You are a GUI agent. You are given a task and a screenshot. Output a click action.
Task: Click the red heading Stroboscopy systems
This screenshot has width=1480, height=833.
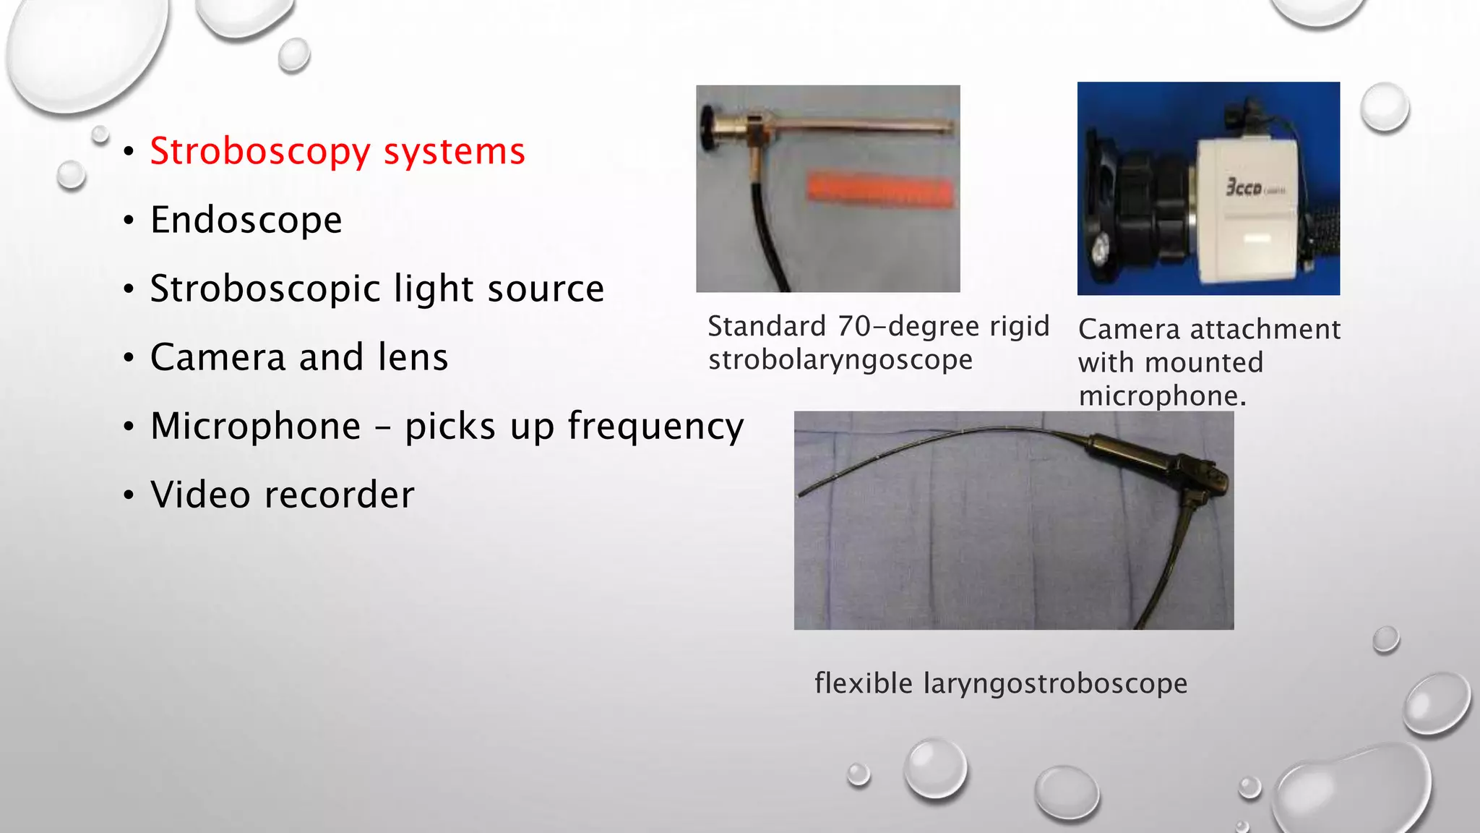point(337,152)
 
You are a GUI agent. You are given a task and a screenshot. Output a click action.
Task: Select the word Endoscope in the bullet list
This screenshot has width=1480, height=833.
point(246,220)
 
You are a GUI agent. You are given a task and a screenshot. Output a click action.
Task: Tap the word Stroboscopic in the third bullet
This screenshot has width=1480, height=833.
point(264,289)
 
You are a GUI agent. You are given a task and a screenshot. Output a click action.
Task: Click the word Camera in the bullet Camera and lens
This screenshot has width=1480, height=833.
point(218,357)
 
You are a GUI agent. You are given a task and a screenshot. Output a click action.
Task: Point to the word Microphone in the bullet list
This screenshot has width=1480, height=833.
point(255,426)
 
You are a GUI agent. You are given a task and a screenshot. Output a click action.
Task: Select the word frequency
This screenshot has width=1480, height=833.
point(655,427)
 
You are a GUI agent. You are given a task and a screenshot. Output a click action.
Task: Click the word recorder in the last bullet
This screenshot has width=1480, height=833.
point(339,495)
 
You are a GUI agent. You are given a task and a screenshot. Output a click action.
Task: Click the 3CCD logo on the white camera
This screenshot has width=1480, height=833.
point(1244,187)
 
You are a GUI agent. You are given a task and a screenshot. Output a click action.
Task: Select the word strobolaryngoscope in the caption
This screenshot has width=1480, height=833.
point(840,360)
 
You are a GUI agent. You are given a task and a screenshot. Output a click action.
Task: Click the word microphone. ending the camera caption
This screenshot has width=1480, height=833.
point(1161,396)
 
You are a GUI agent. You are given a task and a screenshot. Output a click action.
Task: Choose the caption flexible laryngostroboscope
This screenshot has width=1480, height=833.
point(1000,683)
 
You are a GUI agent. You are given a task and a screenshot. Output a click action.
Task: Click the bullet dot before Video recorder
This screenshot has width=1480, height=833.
point(129,496)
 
